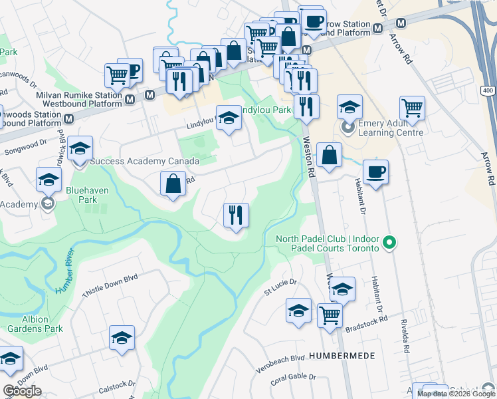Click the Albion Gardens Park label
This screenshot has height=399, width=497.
click(x=36, y=324)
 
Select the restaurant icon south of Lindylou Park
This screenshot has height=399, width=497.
click(x=235, y=214)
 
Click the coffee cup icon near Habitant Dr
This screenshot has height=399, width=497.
click(x=375, y=172)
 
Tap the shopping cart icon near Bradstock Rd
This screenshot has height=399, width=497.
click(x=330, y=315)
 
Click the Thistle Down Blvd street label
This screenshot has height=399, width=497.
click(x=109, y=287)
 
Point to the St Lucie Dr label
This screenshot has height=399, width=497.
click(x=280, y=286)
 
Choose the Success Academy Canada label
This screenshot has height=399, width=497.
click(x=144, y=162)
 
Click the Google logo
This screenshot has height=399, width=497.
click(x=22, y=391)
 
